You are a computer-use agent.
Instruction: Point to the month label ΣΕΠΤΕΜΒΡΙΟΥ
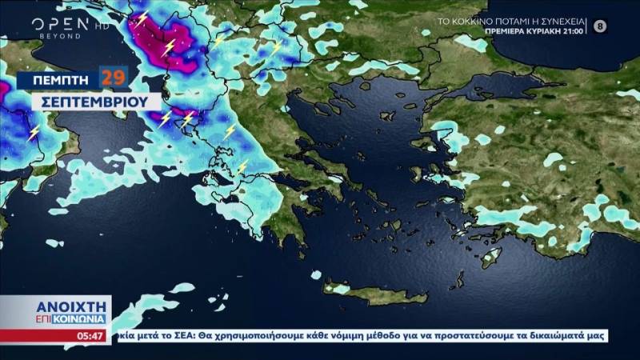(x=87, y=102)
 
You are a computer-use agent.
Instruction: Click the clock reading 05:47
(x=90, y=336)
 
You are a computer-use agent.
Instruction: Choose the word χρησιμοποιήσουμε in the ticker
(x=250, y=336)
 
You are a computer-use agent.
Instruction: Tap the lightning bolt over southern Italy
(x=34, y=133)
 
